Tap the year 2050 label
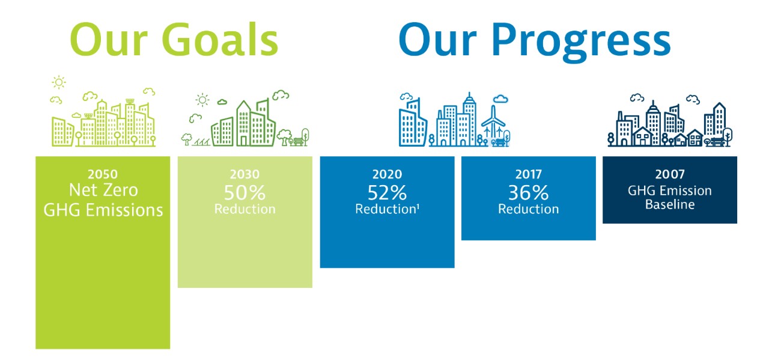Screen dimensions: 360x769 (103, 174)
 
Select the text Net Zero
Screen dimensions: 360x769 (103, 191)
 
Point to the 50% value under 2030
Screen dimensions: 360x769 (245, 192)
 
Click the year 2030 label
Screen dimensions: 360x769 (245, 174)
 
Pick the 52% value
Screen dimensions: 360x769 (387, 192)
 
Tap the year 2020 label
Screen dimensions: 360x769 (387, 174)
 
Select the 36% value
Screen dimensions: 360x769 (529, 192)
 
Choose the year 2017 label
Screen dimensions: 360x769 (529, 174)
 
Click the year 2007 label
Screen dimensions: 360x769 (670, 174)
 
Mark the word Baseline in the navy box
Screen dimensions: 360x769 (670, 205)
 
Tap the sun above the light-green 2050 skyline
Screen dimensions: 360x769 (59, 82)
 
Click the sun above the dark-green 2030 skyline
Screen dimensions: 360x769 (203, 100)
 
